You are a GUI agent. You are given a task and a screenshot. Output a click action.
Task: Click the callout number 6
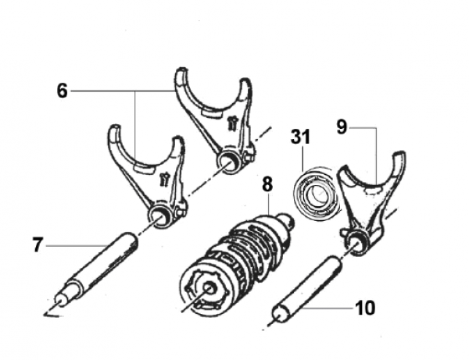coord(63,91)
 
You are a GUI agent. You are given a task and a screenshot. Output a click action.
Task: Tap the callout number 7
coord(38,244)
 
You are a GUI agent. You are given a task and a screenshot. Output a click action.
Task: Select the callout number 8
coord(267,184)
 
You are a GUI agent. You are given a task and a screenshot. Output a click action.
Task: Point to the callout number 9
coord(342,127)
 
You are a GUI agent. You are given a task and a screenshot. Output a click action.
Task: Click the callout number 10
coord(365,308)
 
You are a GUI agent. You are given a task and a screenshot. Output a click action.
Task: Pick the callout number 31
coord(301,137)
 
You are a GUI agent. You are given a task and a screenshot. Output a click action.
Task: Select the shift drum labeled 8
coord(237,263)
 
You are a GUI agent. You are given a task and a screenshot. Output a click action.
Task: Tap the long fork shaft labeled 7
coord(95,269)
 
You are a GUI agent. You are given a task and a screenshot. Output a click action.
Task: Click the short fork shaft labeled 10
coord(306,290)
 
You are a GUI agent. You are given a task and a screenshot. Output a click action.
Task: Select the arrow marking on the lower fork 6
coord(164,180)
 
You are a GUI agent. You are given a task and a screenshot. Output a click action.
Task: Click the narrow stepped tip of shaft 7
coord(61,300)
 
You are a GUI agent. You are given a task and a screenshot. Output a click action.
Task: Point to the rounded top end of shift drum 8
coord(287,219)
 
